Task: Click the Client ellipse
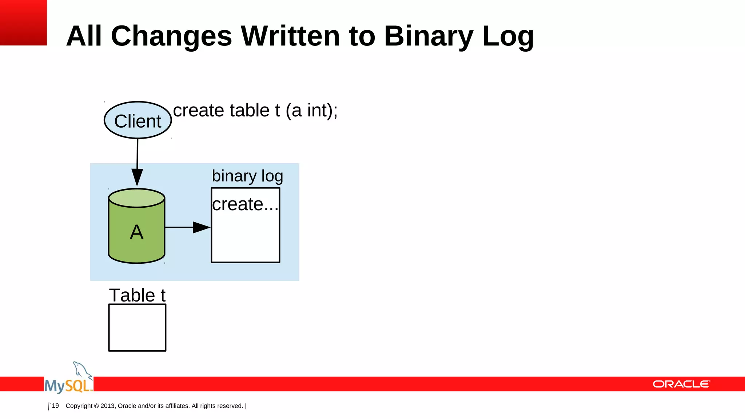[x=138, y=120]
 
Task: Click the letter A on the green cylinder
[x=136, y=232]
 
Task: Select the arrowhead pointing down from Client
[x=137, y=177]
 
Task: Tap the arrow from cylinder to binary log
[x=187, y=227]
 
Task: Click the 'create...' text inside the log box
[x=245, y=204]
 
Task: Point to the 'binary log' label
[x=247, y=176]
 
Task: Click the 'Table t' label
[x=137, y=295]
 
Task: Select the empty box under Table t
[x=137, y=328]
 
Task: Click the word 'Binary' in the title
[x=429, y=36]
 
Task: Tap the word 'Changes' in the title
[x=171, y=36]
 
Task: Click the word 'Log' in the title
[x=508, y=36]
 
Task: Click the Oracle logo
[x=681, y=384]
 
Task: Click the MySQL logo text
[x=68, y=386]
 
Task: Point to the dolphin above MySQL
[x=82, y=370]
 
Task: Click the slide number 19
[x=55, y=406]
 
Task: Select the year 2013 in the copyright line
[x=107, y=406]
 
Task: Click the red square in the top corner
[x=23, y=23]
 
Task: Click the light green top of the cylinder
[x=137, y=198]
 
